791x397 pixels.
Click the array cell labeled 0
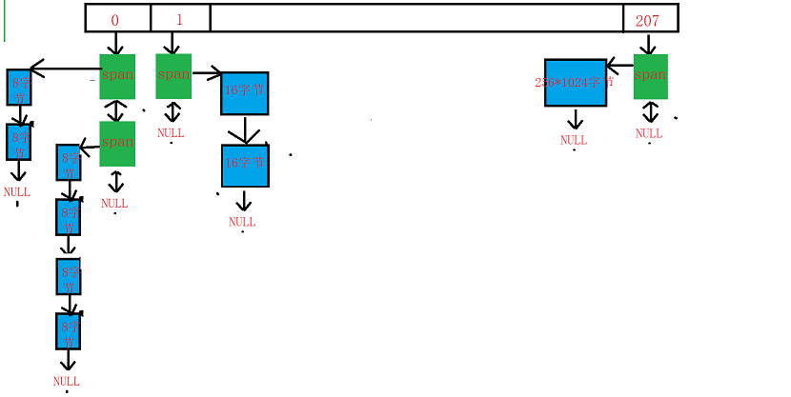117,18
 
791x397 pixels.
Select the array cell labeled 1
180,18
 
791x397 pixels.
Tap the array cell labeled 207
650,18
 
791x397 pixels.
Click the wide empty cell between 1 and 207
416,18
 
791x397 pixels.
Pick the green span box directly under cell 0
117,76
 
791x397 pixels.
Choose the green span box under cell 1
173,76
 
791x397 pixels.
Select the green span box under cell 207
650,76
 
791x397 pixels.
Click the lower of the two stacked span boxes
117,144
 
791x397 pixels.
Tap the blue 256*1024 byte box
576,83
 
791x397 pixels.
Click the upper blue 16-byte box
244,93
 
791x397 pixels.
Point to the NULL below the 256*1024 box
574,140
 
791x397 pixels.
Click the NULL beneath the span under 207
649,134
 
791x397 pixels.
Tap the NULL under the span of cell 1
171,133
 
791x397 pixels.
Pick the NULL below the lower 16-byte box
242,222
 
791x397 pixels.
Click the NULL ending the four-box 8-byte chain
67,381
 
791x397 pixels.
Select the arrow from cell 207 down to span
649,44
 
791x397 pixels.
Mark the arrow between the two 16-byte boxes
245,129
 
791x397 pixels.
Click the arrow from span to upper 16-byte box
207,72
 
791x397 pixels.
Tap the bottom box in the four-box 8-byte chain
69,330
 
